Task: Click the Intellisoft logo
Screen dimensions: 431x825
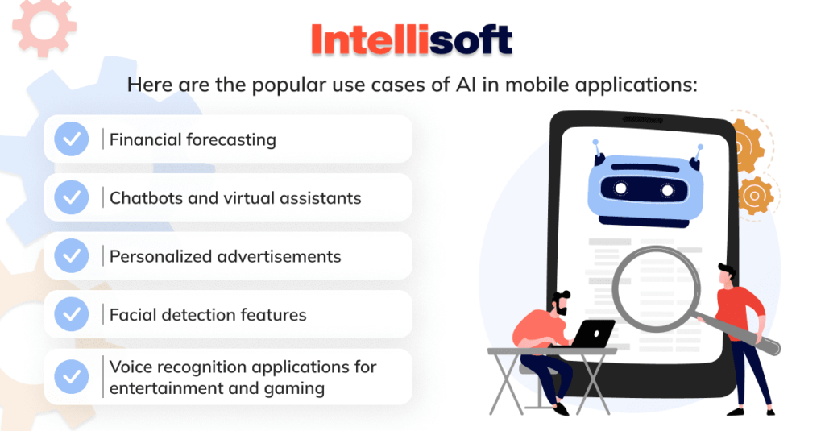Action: [411, 39]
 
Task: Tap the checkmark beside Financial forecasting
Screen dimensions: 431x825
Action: [71, 139]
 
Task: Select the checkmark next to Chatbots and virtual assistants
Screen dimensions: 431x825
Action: [71, 197]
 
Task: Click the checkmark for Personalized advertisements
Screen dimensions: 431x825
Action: [71, 256]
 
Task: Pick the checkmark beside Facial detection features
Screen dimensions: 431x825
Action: [71, 314]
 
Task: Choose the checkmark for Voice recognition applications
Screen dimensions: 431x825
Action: [71, 377]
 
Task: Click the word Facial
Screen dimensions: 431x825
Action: [133, 314]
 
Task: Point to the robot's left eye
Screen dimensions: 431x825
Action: [621, 188]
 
